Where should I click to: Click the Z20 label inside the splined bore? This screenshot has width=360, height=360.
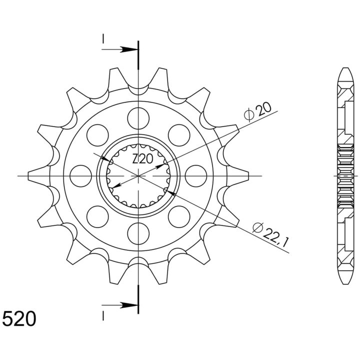tap(142, 159)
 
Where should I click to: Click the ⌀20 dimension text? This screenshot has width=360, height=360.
tap(257, 111)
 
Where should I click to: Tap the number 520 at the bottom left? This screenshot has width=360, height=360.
tap(19, 318)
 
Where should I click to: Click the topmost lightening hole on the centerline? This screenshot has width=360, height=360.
tap(138, 118)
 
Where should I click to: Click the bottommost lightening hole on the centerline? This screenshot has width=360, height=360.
tap(138, 233)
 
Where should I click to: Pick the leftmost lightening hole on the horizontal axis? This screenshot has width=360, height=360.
tap(81, 176)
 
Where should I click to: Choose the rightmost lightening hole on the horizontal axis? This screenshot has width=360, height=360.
tap(196, 176)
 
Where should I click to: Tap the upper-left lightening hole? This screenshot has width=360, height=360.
tap(97, 135)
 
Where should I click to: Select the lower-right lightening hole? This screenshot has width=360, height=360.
tap(179, 217)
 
